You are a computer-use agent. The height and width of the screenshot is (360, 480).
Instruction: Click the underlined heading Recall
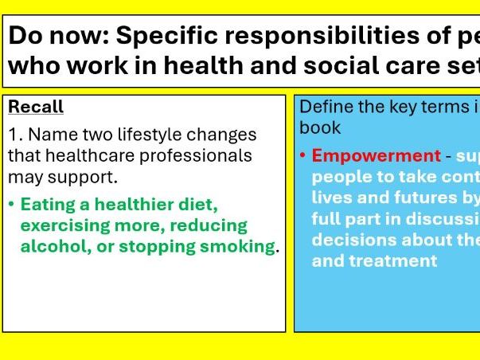click(36, 108)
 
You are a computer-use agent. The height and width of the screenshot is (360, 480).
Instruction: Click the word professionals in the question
click(203, 155)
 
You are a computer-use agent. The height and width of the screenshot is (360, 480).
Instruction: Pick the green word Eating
click(45, 205)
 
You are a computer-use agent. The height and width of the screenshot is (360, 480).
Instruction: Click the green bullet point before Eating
click(11, 205)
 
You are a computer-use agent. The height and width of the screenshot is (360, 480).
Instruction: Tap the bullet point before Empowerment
click(303, 156)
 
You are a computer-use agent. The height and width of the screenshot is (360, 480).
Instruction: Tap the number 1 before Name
click(14, 135)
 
